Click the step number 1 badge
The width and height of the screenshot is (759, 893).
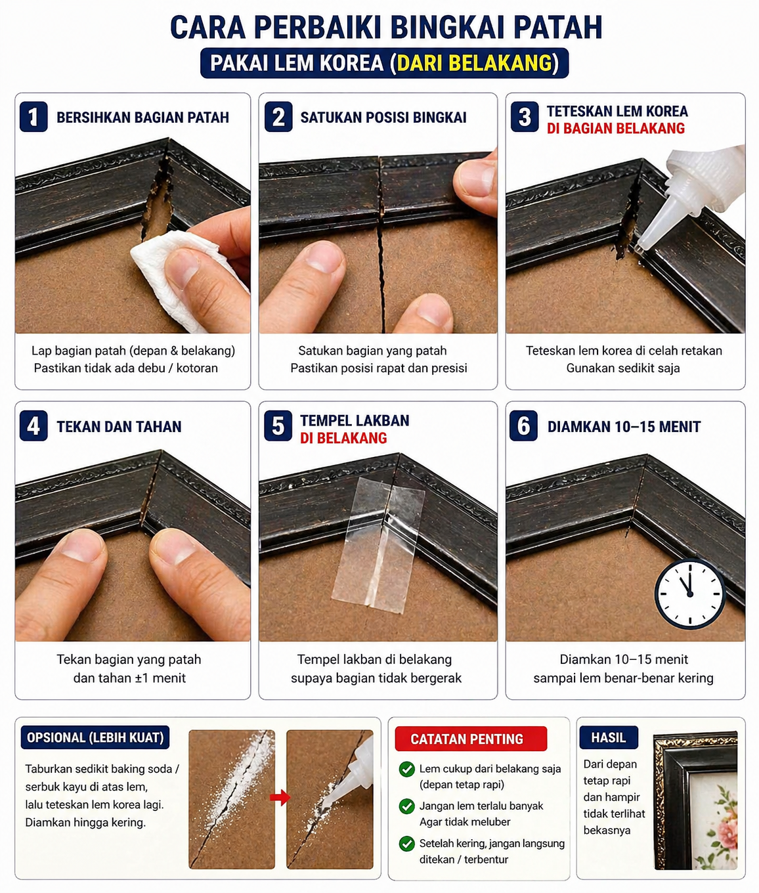click(33, 117)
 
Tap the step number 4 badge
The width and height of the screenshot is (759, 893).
click(33, 425)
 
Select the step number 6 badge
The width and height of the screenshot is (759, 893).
click(523, 425)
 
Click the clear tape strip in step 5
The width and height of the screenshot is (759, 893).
click(379, 545)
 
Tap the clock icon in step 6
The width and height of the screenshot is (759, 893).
click(690, 593)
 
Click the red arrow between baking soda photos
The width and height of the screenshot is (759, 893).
click(280, 798)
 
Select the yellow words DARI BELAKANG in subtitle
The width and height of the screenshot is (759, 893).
click(474, 63)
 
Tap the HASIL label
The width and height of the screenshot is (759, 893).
click(608, 737)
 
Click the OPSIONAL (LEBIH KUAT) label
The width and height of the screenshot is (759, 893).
click(95, 737)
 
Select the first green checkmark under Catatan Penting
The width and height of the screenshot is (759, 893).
click(406, 769)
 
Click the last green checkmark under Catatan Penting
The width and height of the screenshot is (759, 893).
click(406, 844)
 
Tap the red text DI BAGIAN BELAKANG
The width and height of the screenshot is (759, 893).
click(615, 129)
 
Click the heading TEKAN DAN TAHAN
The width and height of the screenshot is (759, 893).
click(119, 427)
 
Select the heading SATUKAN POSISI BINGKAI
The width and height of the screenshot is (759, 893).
click(383, 118)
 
